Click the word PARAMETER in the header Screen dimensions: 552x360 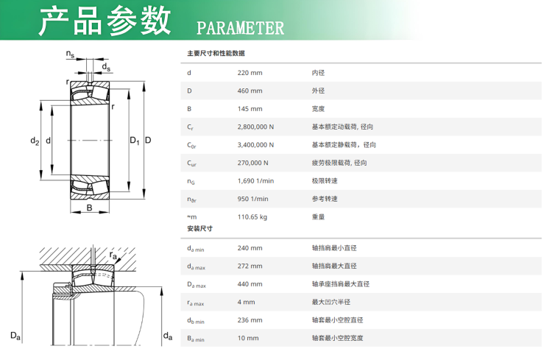click(240, 28)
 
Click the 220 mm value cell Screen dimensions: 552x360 click(250, 73)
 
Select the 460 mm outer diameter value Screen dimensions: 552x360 click(250, 91)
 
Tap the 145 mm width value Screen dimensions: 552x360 click(250, 109)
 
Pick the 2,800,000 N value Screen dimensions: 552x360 click(255, 127)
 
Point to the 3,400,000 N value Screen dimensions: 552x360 click(255, 145)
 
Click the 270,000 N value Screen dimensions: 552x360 click(252, 163)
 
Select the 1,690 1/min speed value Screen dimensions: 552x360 click(255, 180)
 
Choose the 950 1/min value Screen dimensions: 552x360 click(252, 199)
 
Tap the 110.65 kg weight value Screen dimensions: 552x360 click(252, 217)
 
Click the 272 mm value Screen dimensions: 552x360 click(250, 266)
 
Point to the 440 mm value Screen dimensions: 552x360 click(250, 284)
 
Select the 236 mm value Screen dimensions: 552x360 click(250, 320)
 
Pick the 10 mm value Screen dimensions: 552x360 click(248, 338)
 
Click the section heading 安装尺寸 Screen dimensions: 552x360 click(200, 229)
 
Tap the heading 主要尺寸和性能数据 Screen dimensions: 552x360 click(216, 53)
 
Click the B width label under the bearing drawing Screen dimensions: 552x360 click(89, 208)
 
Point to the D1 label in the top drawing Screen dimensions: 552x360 click(135, 141)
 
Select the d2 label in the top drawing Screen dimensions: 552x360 click(35, 141)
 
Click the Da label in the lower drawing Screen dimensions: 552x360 click(15, 336)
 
